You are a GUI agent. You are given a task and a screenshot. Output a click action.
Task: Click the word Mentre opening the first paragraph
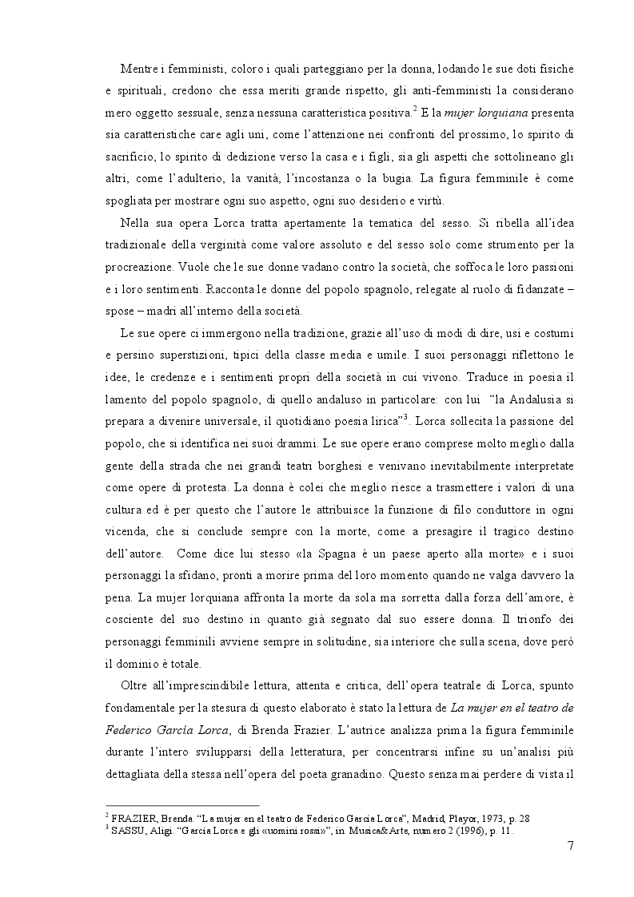138,70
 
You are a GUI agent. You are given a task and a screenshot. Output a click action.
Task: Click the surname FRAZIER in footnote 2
130,820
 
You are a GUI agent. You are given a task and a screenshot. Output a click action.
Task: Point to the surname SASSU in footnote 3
126,831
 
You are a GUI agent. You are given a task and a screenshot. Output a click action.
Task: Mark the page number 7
570,847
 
